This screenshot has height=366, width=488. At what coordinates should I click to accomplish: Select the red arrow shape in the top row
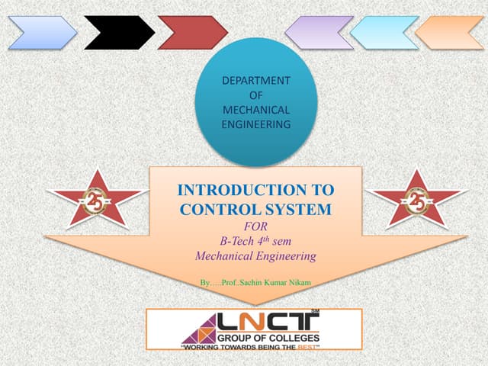click(x=192, y=33)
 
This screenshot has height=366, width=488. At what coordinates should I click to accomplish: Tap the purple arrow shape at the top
click(x=319, y=33)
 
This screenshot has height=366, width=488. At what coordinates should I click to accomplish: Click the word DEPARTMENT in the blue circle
click(x=255, y=80)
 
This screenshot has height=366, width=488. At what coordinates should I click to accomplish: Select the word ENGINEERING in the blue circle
click(x=255, y=124)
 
